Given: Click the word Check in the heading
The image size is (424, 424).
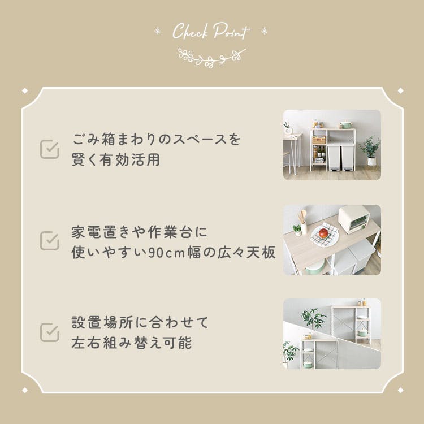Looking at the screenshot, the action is pos(190,31).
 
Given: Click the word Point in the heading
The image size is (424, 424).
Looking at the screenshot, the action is pos(231,31).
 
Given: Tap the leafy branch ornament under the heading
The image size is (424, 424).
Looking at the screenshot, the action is pos(211,58).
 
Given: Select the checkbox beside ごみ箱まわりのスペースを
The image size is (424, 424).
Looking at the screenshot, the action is pos(50,149).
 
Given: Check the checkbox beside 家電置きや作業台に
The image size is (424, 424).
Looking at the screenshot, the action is pos(50,240).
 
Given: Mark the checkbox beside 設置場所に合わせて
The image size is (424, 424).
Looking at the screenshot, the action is pos(50,332).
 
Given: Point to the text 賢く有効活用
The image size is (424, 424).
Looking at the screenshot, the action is pos(116,159).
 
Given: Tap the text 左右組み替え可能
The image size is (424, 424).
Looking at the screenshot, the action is pos(132,343).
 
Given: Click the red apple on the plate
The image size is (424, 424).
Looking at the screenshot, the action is pos(323,233).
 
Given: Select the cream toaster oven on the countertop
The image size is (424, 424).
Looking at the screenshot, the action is pos(354,219).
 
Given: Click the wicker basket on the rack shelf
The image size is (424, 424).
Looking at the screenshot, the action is pos(319,140).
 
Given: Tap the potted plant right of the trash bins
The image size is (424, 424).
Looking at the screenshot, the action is pos(370,150).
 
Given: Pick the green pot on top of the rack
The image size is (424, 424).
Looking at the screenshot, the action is pos(346,124).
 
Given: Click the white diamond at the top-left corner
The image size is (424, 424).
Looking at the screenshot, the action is pos(25,91).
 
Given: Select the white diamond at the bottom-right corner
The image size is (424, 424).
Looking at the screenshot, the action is pos(400,390).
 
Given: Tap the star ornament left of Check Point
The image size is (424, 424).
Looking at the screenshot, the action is pos(157,31).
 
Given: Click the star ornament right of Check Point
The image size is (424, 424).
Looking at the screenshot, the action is pos(264,31).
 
